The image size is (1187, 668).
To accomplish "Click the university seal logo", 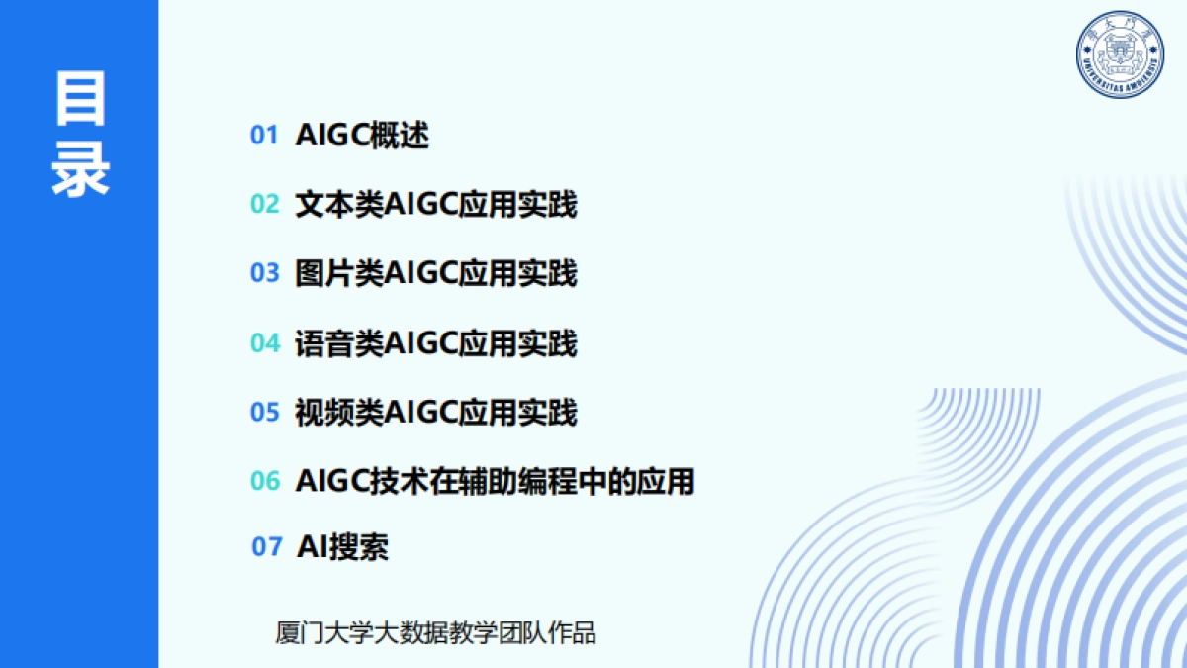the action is point(1120,54).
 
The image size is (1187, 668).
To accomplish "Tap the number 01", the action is point(264,136).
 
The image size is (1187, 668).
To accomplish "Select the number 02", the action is point(264,204).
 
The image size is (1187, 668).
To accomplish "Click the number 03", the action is point(264,273).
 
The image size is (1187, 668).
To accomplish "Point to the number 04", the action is point(265,343).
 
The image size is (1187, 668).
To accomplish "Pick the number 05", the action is point(264,412).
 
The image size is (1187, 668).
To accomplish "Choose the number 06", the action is point(265,481).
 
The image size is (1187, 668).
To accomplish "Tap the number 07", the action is point(266,546).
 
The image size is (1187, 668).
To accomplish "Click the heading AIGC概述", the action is point(362,136).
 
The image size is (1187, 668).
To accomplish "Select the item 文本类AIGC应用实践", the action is point(435,204).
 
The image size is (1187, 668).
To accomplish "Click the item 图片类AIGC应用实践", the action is point(435,273).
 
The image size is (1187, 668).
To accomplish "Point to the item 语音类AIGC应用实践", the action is point(435,343).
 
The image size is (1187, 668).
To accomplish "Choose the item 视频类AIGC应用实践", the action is point(435,412).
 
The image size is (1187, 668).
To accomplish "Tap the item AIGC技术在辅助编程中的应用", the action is point(495,481).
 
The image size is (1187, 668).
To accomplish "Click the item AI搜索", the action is point(343,546).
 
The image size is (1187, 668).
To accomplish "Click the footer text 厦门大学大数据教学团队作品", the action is point(435,633).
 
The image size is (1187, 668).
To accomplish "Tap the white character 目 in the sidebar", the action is point(80,99).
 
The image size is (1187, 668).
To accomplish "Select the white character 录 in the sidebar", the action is point(80,169).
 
